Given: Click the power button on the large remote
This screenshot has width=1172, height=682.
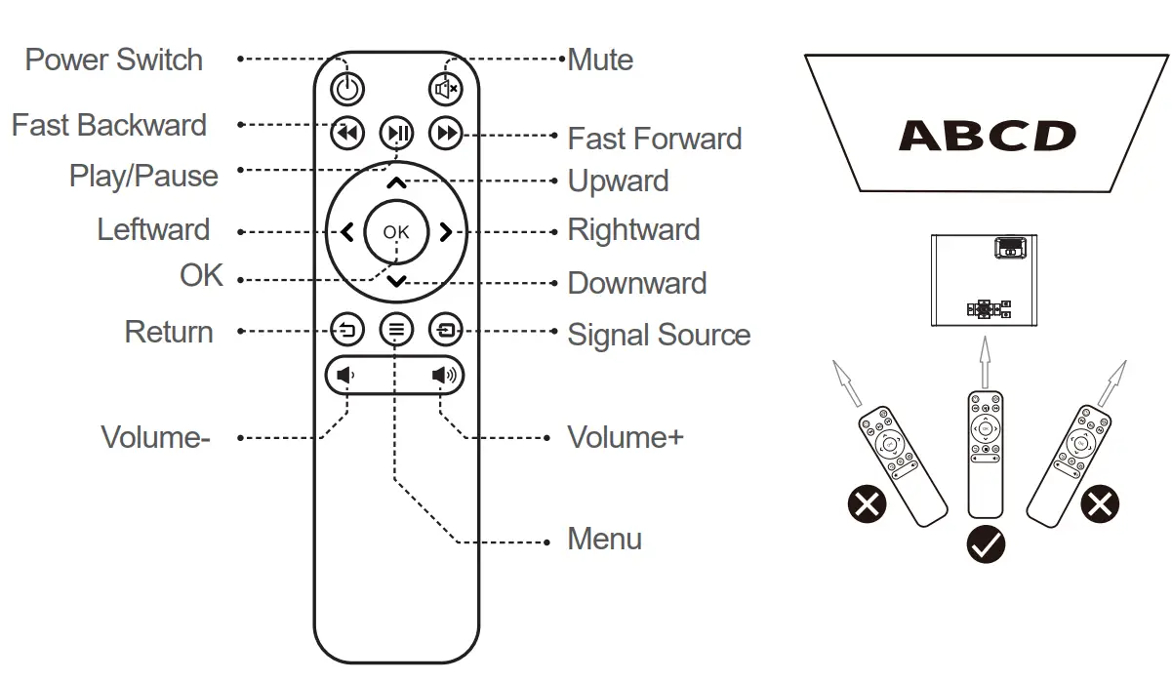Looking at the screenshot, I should tap(347, 90).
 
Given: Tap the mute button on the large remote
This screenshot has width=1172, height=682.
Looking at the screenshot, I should tap(446, 90).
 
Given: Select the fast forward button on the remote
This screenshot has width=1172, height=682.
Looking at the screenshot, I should tap(446, 133).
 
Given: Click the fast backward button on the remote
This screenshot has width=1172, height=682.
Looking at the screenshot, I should tap(347, 133).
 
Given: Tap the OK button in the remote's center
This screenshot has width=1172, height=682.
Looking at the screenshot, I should tap(396, 232).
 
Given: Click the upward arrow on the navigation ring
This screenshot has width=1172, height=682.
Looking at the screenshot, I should tap(396, 182).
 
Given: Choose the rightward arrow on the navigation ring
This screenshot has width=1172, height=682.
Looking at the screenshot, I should tap(445, 232).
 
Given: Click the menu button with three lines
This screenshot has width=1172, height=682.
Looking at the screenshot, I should tap(396, 330).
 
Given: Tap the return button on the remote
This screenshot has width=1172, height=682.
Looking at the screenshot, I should tap(347, 330).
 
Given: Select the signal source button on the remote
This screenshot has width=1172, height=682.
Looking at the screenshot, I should tap(446, 330).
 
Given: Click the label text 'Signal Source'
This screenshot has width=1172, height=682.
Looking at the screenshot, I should tap(659, 335).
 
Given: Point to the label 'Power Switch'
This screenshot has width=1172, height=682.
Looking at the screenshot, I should tap(113, 60).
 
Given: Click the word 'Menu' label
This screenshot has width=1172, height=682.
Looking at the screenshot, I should tap(604, 539).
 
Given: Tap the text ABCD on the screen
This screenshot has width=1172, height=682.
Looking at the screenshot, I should tap(987, 136).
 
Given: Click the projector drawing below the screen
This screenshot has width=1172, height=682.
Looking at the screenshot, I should tap(984, 279).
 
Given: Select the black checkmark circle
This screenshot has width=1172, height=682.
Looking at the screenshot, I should tap(986, 543).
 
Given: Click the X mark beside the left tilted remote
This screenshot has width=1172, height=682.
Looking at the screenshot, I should tap(867, 504).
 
